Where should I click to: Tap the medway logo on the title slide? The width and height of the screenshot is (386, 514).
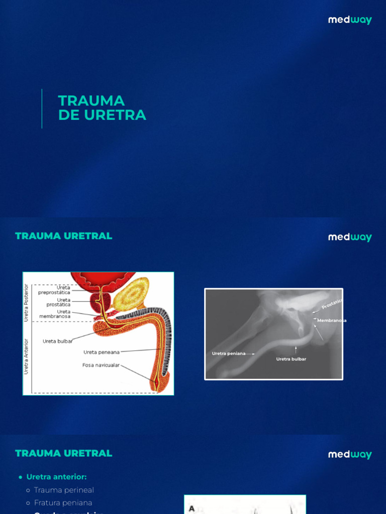(350, 20)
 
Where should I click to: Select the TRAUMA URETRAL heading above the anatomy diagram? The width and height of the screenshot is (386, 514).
(64, 236)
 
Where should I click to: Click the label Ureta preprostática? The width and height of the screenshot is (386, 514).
(54, 290)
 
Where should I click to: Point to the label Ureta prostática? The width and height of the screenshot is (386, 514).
(58, 302)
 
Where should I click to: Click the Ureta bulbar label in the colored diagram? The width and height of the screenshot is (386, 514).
(58, 341)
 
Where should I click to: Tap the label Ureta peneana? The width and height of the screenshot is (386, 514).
(102, 352)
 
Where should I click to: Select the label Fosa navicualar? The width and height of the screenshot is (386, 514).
(101, 365)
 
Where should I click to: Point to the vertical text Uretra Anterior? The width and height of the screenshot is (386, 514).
(27, 356)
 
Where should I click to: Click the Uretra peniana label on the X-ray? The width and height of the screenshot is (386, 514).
(229, 353)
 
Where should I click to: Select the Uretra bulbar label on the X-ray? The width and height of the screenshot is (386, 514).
(291, 359)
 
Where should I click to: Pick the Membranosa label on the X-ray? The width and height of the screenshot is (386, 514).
(332, 320)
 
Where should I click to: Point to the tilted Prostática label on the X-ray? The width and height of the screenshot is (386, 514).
(332, 304)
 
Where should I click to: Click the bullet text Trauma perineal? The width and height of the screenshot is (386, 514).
(64, 490)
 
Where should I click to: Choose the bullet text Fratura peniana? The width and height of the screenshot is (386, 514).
(63, 502)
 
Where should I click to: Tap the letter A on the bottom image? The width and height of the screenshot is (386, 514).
(191, 508)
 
